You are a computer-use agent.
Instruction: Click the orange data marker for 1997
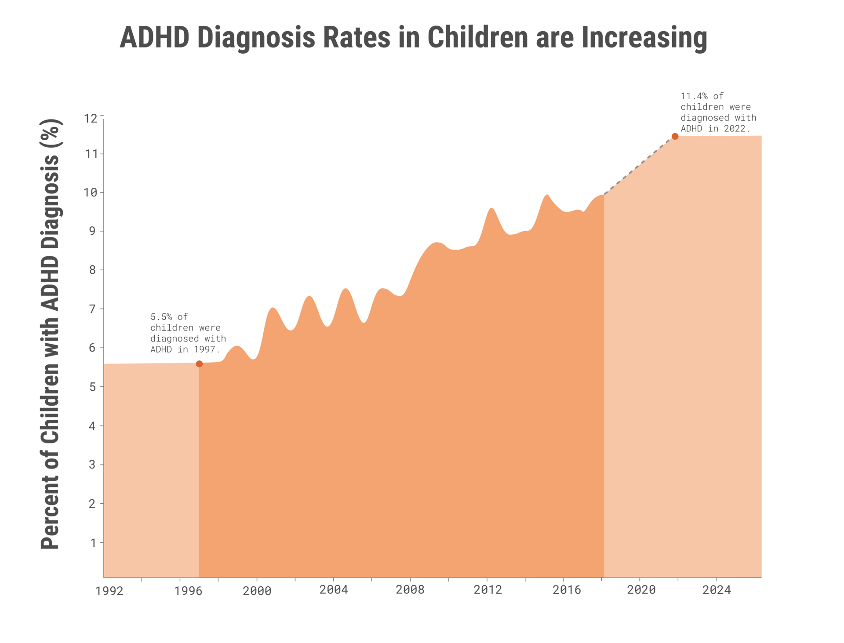[199, 363]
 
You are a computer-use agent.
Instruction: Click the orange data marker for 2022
[675, 136]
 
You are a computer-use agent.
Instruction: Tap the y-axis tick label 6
[92, 348]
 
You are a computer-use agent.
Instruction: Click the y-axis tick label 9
[92, 231]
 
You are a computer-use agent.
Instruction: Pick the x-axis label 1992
[109, 591]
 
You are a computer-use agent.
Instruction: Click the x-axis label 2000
[257, 591]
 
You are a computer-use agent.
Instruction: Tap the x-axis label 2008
[410, 590]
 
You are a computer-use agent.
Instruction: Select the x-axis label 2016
[567, 590]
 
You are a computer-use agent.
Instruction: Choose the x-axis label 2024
[717, 590]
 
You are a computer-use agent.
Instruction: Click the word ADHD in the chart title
[155, 38]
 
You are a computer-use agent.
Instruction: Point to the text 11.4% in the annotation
[694, 96]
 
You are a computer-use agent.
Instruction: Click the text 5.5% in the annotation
[161, 317]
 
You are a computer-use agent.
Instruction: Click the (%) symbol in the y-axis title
[51, 134]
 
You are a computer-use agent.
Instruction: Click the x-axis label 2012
[487, 590]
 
